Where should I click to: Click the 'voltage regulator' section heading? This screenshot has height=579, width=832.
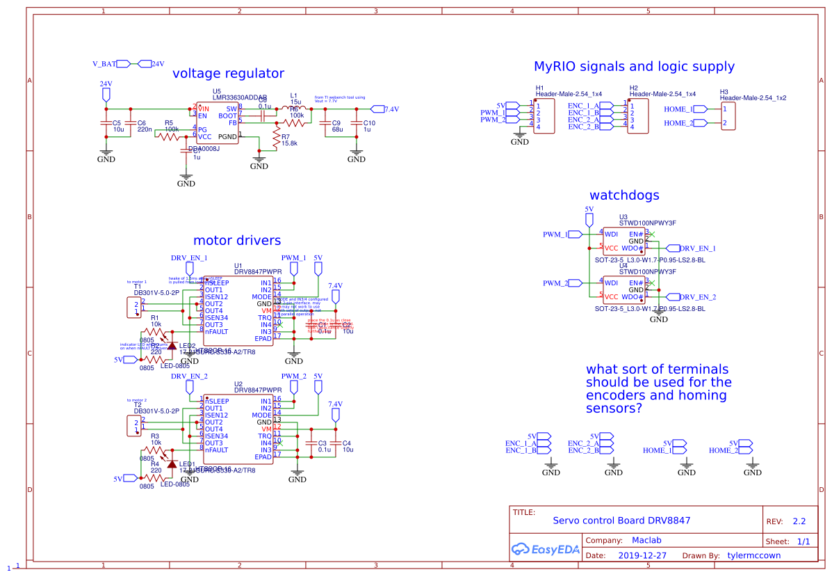[228, 73]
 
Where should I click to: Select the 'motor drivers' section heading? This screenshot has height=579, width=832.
[237, 240]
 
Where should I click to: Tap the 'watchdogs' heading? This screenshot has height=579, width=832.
[624, 196]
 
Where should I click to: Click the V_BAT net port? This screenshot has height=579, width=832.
[104, 64]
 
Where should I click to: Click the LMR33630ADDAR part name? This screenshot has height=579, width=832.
[240, 98]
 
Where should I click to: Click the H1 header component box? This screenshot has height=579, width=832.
[544, 116]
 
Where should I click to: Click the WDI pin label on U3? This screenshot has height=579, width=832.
[611, 234]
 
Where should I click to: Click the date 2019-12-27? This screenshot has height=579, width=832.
[642, 556]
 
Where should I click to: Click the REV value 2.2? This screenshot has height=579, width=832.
[799, 521]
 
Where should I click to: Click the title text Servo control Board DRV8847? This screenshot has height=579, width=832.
[621, 521]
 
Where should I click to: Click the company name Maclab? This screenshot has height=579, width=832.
[646, 540]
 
